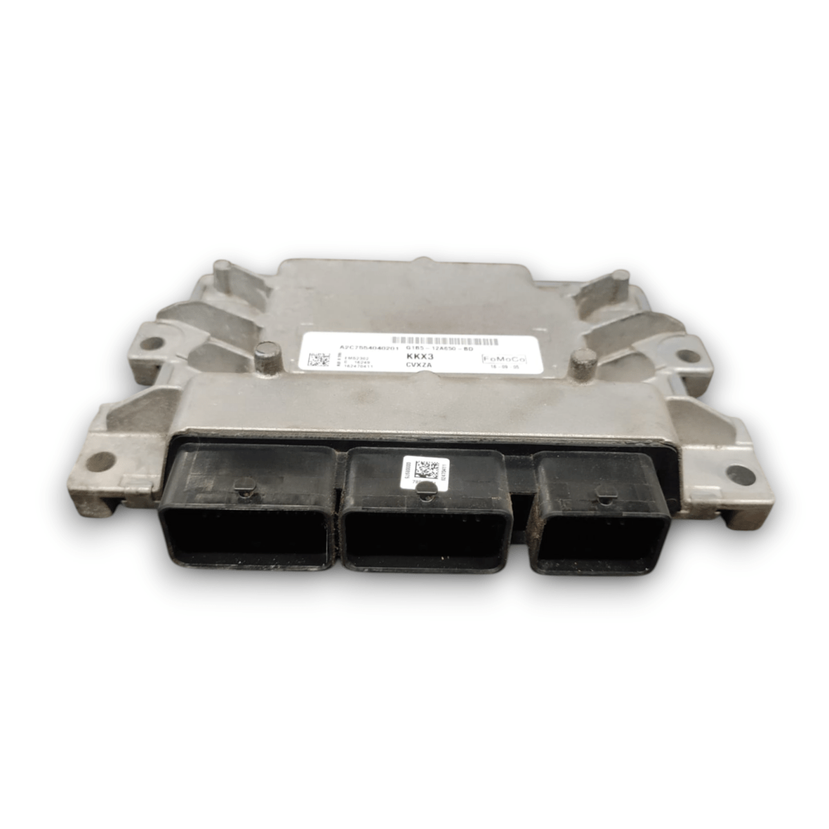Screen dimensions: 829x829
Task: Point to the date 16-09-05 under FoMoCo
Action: [x=504, y=370]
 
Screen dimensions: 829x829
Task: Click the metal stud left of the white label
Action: [x=263, y=357]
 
